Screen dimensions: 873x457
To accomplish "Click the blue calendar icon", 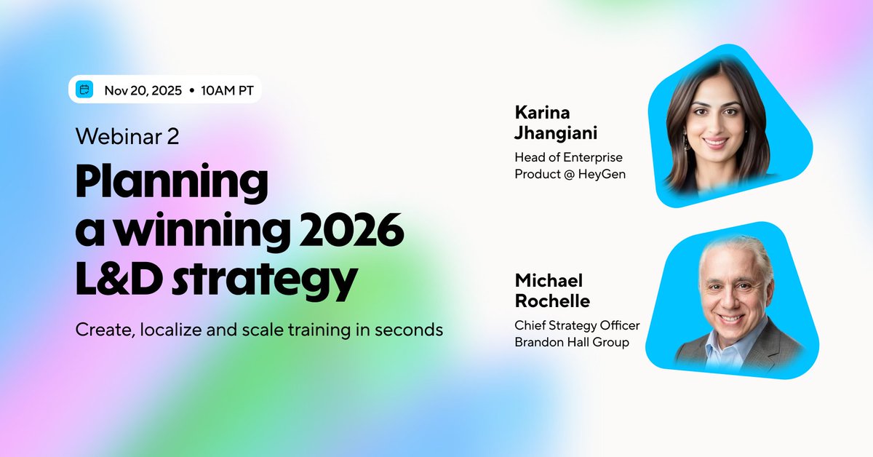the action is pos(84,90).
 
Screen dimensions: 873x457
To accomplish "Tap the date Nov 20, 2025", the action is pos(143,91).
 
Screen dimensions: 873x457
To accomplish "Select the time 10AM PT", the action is pos(227,90).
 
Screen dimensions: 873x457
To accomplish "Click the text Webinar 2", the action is pos(127,137).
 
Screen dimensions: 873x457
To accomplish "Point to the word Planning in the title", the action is pos(172,183).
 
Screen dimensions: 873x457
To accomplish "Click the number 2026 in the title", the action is pos(351,230).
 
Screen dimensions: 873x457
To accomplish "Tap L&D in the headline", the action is pos(119,279).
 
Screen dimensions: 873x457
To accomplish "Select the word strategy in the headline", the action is pos(265,281).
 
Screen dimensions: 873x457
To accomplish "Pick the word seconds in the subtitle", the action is pos(409,330).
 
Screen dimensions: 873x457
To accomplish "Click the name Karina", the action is pos(542,113).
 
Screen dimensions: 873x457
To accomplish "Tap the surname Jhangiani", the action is pos(556,133).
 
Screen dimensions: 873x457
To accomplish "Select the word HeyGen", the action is pos(602,175).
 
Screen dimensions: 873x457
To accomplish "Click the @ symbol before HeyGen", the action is pos(569,175).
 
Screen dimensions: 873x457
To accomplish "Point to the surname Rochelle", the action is pos(552,301).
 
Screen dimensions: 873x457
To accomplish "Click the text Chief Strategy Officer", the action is pos(577,325).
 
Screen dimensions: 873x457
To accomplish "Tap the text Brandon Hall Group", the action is pos(572,342).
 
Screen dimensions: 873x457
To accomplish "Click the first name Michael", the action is pos(549,281).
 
